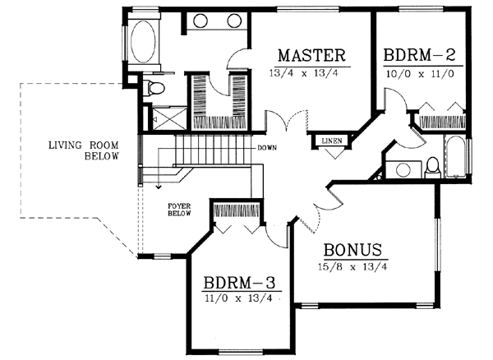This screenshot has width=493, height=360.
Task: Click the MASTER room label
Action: pos(310,55)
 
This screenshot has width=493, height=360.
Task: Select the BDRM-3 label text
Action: pos(240,284)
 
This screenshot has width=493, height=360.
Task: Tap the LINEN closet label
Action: pos(322,140)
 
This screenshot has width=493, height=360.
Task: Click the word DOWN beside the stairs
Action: pos(266,149)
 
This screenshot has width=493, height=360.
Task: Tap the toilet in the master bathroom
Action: pos(154,87)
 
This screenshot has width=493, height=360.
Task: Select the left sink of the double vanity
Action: pos(202,21)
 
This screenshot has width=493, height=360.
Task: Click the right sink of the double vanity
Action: pos(233,21)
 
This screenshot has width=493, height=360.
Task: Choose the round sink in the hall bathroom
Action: pos(403,170)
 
